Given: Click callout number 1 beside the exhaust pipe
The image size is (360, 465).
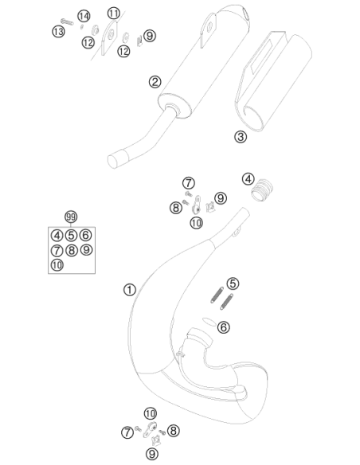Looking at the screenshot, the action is (130, 290).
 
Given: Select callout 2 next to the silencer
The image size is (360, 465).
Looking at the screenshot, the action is (155, 82).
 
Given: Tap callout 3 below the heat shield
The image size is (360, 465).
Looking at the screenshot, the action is (241, 137).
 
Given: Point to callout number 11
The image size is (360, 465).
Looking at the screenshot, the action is (114, 14).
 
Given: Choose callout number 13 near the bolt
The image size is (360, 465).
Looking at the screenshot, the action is (58, 31).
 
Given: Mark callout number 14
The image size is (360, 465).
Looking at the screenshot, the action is (84, 16).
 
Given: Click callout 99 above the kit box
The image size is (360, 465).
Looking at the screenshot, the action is (71, 217).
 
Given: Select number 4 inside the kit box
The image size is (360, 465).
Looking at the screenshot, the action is (57, 236).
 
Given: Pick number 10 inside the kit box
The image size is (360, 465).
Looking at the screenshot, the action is (57, 264).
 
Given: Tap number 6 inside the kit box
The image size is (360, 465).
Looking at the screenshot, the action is (86, 235).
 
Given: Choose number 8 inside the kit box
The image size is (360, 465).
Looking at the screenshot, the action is (71, 251).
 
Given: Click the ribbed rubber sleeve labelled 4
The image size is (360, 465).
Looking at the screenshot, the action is (262, 190).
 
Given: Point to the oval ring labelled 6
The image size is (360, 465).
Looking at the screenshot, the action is (209, 322).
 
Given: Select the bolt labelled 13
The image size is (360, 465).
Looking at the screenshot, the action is (67, 21).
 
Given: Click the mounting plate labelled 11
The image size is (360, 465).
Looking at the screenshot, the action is (109, 37).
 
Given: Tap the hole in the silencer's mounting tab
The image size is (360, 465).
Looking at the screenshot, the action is (210, 26).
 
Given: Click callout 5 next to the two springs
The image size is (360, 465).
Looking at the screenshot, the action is (233, 283).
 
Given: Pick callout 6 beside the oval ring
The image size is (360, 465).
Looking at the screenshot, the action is (223, 327).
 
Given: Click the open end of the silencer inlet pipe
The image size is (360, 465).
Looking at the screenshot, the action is (112, 162).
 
